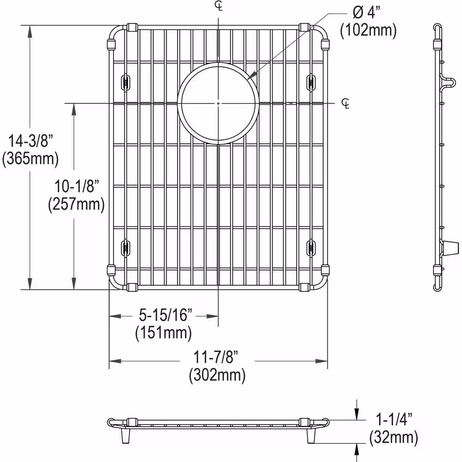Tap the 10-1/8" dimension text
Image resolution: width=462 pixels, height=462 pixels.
(75, 186)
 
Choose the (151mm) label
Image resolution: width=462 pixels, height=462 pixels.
(163, 333)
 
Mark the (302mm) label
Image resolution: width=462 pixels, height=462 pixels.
(217, 376)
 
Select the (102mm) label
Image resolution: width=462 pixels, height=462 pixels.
(368, 30)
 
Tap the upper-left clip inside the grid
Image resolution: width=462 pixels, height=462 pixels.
(125, 82)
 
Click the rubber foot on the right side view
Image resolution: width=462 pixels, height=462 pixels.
(446, 248)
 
